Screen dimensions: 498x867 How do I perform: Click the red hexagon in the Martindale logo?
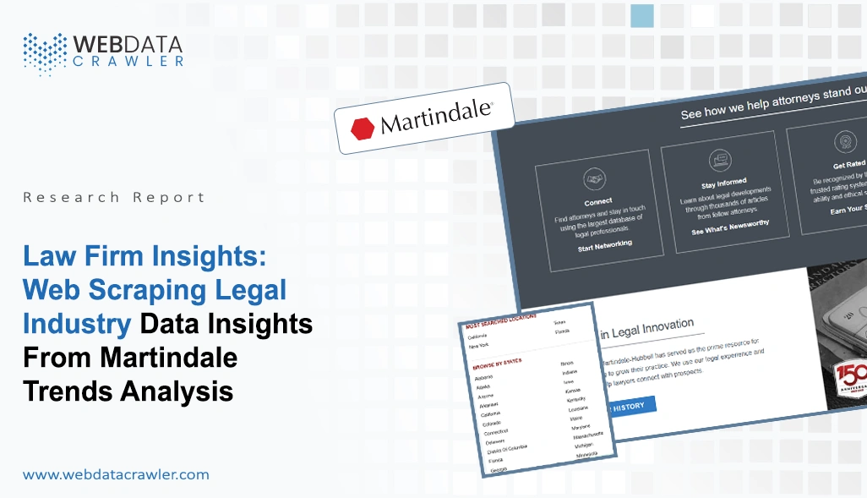tap(363, 128)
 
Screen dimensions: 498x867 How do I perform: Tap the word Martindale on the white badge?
tap(434, 119)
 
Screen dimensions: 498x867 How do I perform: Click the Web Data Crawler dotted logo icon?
tap(44, 52)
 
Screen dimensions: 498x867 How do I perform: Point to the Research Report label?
tap(114, 197)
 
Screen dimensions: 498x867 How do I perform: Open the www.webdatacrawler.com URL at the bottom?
tap(116, 474)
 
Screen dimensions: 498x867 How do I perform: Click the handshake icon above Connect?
tap(593, 179)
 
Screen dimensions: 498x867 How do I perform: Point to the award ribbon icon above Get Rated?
tap(844, 141)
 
